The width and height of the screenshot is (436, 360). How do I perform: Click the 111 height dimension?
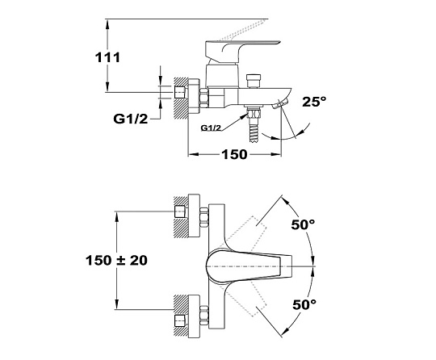(x=107, y=57)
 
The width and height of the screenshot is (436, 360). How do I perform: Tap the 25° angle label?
(x=314, y=102)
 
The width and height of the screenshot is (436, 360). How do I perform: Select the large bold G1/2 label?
(x=131, y=119)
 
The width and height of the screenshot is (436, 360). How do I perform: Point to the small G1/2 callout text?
(x=211, y=128)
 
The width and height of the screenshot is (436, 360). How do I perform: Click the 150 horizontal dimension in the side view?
(x=234, y=154)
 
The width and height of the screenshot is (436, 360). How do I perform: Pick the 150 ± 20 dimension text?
(x=116, y=261)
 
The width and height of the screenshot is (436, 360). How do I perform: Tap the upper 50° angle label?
(x=303, y=224)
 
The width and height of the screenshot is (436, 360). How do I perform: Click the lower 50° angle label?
(x=304, y=304)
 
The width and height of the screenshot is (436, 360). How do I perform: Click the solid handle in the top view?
(x=249, y=266)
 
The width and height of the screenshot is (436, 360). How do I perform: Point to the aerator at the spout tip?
(x=281, y=103)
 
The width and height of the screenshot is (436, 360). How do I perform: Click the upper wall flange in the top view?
(x=194, y=216)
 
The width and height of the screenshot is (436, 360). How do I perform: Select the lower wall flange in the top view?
(x=194, y=316)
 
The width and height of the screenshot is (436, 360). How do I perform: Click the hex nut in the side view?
(x=203, y=98)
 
